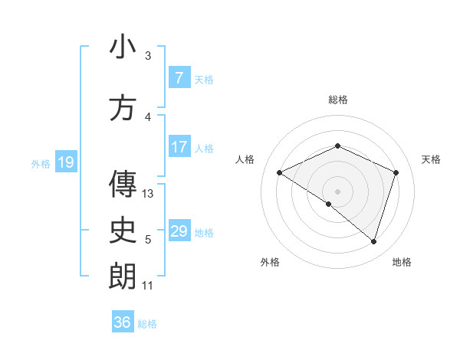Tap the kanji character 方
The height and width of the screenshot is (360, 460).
coord(123,108)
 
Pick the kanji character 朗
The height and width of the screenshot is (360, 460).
coord(123,276)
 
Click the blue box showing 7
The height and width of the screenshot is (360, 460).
coord(179,78)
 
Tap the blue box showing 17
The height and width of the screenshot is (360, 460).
coord(179,147)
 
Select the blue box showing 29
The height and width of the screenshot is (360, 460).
coord(179,231)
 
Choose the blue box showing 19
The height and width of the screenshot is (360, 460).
coord(65,162)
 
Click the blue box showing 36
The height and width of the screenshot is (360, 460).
coord(122,322)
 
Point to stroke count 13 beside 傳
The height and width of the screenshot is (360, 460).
coord(149,194)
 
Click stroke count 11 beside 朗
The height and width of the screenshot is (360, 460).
coord(148,286)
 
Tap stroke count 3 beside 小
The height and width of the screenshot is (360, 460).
coord(148,56)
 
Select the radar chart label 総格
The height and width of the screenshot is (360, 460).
coord(337,100)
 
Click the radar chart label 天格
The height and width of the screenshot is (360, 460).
coord(432,159)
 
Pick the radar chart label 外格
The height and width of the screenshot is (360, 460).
coord(270,262)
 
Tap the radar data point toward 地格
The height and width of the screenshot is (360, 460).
coord(373,241)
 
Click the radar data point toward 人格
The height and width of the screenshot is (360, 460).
coord(280,173)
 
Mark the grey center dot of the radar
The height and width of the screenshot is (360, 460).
coord(337,191)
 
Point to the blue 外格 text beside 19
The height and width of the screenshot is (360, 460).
coord(40,163)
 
